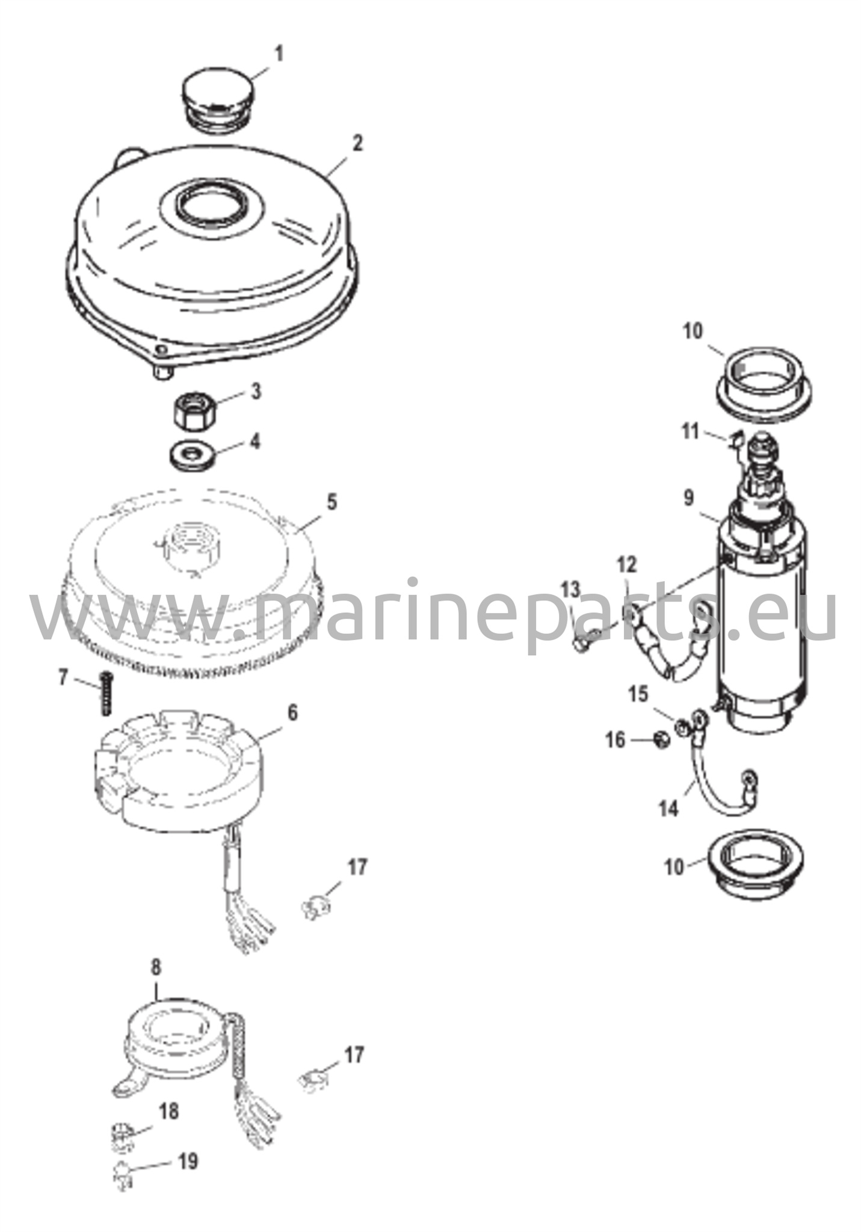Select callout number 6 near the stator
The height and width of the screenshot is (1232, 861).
pos(292,712)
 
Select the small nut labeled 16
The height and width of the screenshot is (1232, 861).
pos(660,740)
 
